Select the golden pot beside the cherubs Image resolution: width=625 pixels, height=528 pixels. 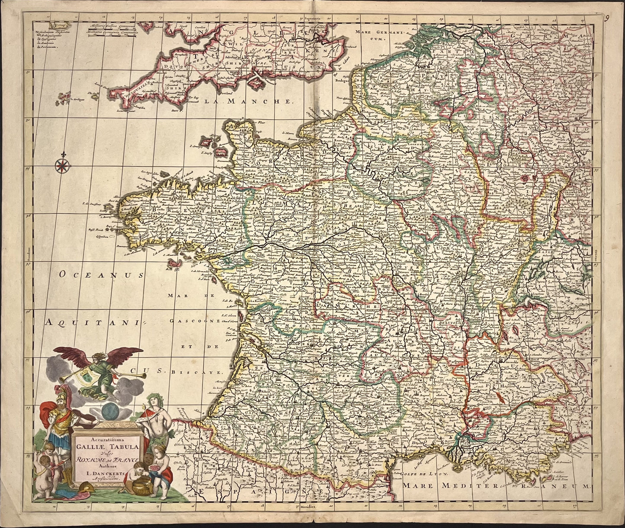[141, 487]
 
